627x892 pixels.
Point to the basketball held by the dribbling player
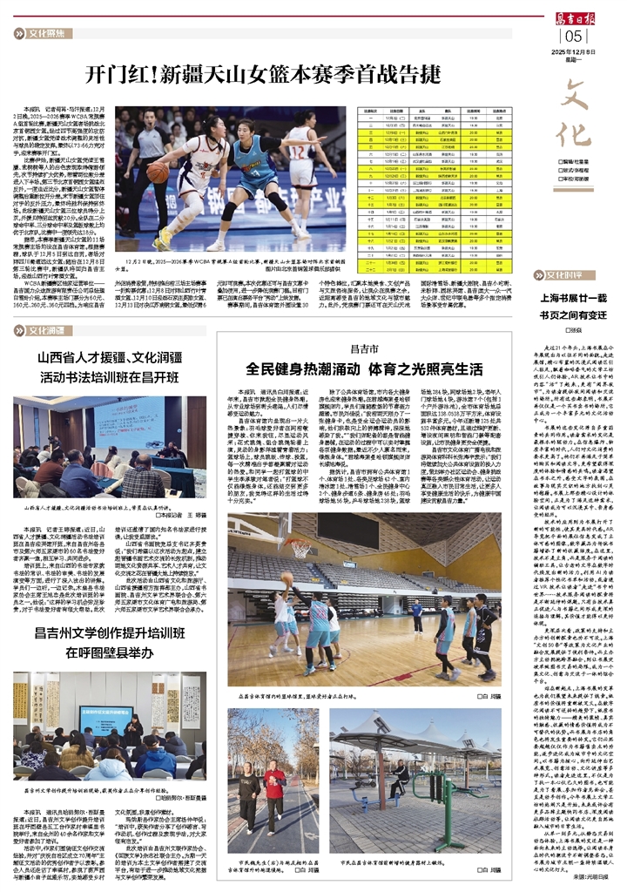(x=158, y=173)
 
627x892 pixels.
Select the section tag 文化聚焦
(x=45, y=34)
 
